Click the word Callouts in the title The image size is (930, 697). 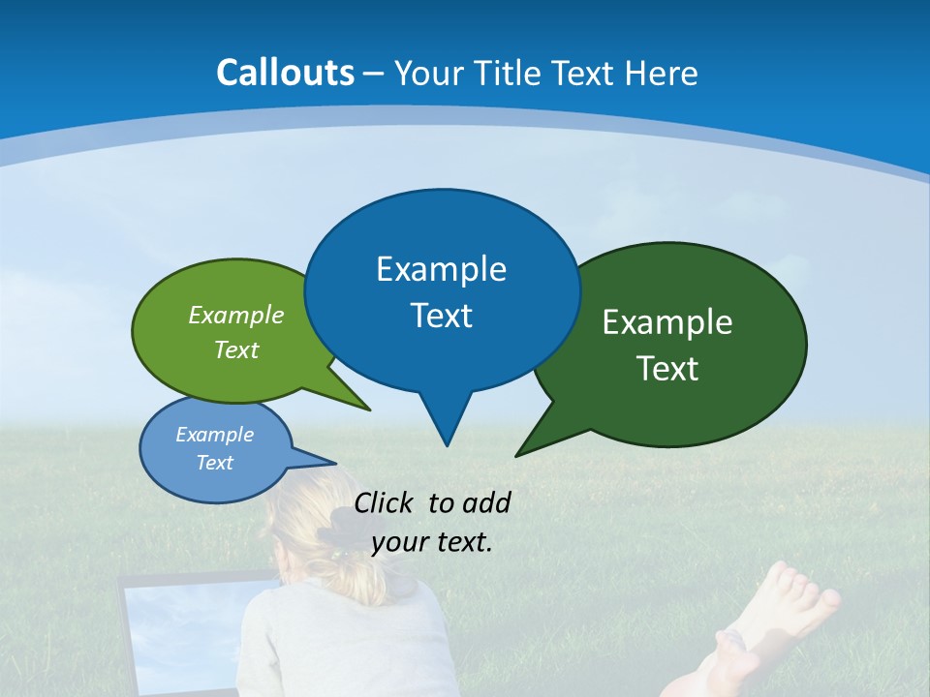285,73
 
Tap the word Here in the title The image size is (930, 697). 662,73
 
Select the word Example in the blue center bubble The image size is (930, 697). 441,269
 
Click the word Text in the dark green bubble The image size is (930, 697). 666,369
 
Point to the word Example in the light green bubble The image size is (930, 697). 235,315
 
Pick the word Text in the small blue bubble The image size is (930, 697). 214,463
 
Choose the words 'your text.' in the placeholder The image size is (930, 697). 431,542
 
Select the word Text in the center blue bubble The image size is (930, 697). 441,316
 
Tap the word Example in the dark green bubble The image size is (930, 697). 666,322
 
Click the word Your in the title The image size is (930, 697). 427,73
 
